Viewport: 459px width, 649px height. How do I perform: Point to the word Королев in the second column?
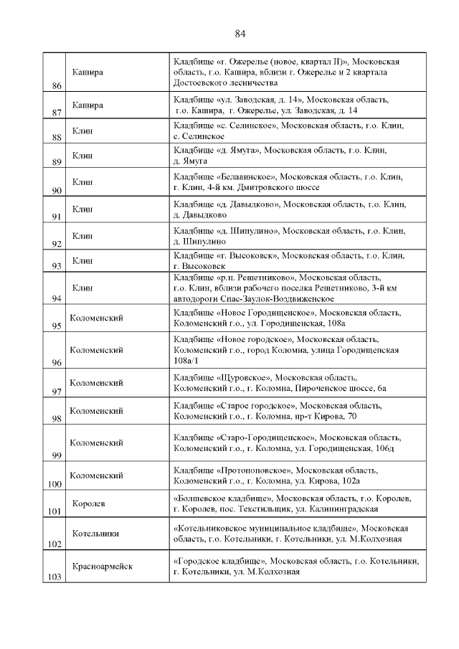(88, 503)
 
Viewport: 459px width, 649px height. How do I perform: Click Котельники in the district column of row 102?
(95, 534)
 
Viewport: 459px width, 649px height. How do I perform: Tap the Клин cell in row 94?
(82, 287)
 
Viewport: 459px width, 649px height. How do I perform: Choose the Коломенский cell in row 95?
(96, 316)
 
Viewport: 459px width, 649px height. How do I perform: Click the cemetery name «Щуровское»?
(242, 377)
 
